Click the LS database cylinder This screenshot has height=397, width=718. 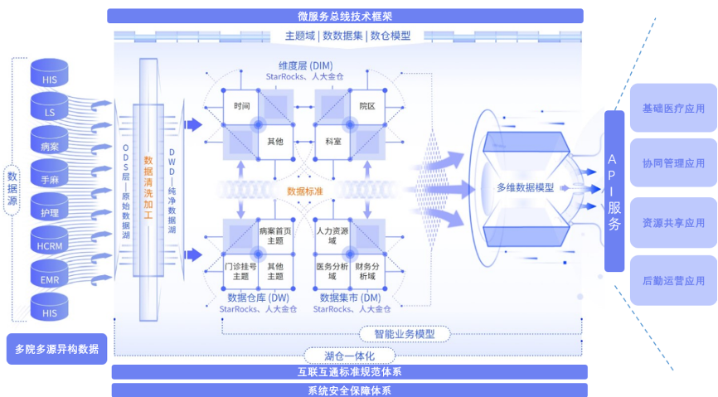[50, 107]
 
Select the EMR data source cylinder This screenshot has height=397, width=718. [50, 274]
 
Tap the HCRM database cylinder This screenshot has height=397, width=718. [50, 240]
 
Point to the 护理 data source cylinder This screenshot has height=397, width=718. [50, 207]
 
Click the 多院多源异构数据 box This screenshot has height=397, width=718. [56, 349]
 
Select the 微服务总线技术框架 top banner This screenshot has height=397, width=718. [345, 16]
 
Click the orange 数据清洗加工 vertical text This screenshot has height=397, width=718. [148, 187]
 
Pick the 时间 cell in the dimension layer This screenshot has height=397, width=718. [241, 107]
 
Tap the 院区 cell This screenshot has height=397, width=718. [367, 107]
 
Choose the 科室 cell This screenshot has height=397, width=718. [333, 142]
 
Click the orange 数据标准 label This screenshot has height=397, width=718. [304, 191]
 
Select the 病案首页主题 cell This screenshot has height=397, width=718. [275, 236]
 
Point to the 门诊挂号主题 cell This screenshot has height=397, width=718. [241, 271]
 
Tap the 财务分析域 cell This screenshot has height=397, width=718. [367, 271]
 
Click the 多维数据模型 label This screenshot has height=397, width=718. [525, 188]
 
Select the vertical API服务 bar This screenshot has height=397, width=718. [614, 191]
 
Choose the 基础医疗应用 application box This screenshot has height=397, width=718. [673, 108]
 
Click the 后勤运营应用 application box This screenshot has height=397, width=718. [673, 281]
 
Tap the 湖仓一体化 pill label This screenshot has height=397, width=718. [349, 356]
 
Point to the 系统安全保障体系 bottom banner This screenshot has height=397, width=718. [349, 390]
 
